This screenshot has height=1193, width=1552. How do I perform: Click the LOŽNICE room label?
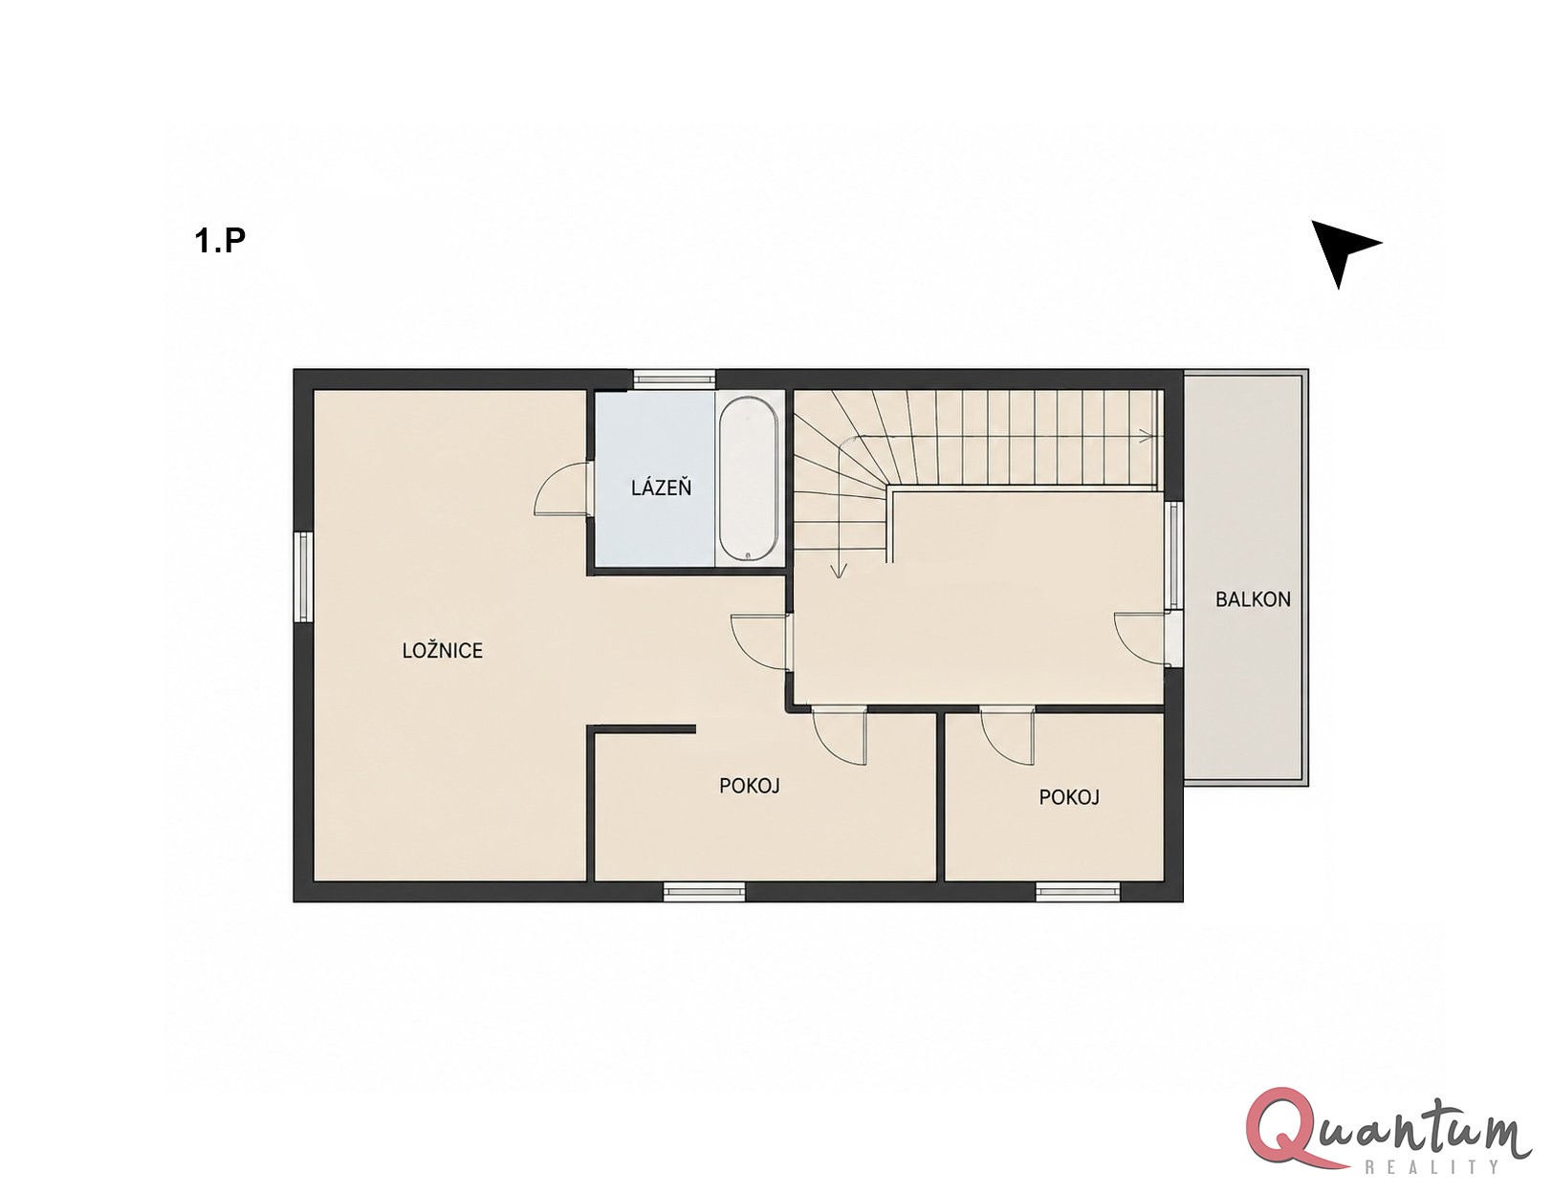pos(442,650)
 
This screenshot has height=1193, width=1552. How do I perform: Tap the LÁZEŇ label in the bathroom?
pos(661,488)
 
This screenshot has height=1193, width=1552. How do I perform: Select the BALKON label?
pos(1253,599)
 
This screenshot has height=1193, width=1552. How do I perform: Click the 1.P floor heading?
pos(220,241)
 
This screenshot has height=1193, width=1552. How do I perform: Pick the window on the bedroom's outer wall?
pos(303,576)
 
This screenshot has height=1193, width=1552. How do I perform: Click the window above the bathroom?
pos(674,380)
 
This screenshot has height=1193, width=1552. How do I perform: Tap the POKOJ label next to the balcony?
pos(1068,797)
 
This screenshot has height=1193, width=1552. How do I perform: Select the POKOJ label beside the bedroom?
pos(749,786)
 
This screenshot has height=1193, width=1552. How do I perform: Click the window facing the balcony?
pos(1174,555)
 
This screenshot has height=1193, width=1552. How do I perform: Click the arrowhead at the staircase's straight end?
pos(1147,436)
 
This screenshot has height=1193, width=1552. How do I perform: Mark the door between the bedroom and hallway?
pos(760,641)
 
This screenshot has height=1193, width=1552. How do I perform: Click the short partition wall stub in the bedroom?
pos(642,729)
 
